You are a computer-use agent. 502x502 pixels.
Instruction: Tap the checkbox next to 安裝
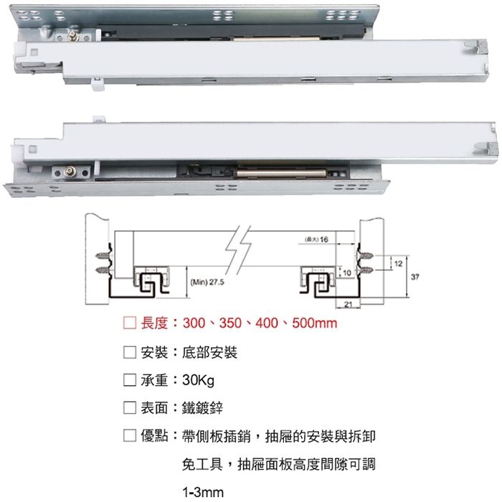coord(129,353)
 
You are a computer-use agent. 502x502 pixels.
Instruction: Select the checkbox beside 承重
coord(129,380)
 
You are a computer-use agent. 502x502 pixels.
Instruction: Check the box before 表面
coord(129,408)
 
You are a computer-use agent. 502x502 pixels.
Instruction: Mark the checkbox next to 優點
coord(129,435)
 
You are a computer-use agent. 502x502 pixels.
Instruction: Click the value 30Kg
coord(189,380)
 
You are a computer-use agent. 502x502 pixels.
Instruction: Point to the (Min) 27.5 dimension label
coord(207,282)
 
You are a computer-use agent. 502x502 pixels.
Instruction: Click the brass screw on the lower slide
coord(71,171)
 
